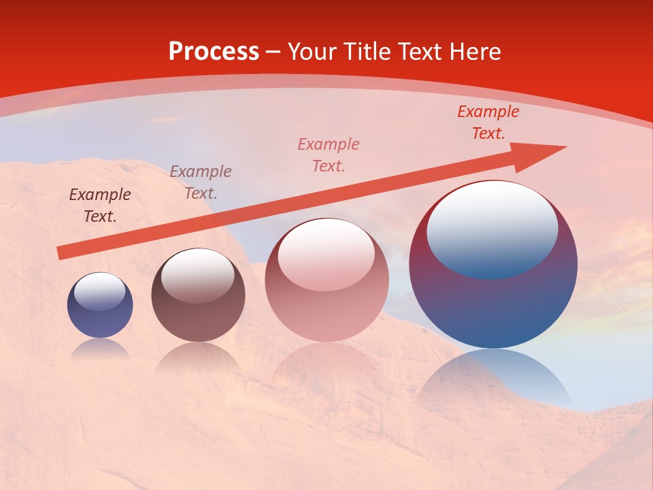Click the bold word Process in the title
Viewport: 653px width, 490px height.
214,52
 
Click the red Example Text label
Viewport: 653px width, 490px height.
488,122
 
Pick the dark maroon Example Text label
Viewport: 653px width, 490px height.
100,206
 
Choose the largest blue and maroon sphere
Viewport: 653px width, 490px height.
493,299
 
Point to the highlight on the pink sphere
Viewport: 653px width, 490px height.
326,254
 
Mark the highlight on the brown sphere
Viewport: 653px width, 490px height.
198,275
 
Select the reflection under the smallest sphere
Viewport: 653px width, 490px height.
100,349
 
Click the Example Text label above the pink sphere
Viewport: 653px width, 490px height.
329,155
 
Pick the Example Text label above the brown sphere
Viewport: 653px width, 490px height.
201,182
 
